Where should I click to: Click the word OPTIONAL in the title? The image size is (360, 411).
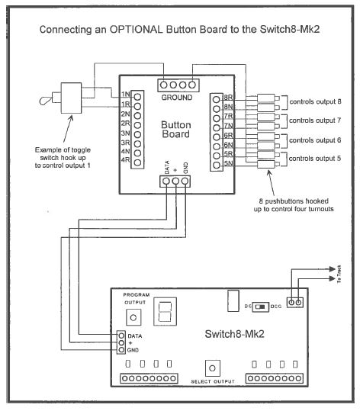[136, 29]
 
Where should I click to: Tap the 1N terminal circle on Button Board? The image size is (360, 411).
[137, 97]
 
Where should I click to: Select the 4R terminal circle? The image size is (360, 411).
[137, 162]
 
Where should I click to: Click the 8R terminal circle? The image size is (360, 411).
[217, 100]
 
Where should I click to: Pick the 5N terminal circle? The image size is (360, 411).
[217, 165]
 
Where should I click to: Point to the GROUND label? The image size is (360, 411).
[177, 98]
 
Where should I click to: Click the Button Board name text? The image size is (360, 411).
[175, 130]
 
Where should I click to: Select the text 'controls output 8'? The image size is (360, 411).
[315, 101]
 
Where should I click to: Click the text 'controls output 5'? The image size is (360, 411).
[315, 159]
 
